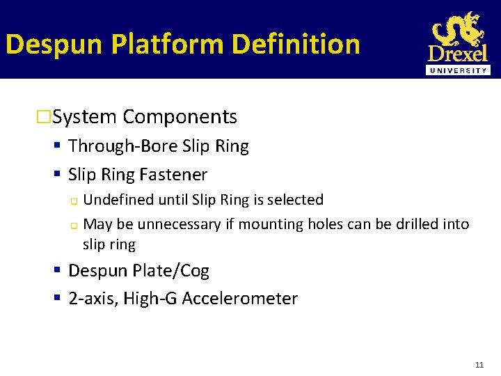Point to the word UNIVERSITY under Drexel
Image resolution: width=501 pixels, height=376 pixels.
coord(459,70)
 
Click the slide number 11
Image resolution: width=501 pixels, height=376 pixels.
coord(479,365)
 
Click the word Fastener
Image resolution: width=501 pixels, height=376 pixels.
coord(174,174)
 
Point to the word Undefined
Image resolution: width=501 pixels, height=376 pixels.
coord(116,200)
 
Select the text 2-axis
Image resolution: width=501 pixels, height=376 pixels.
coord(93,299)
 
